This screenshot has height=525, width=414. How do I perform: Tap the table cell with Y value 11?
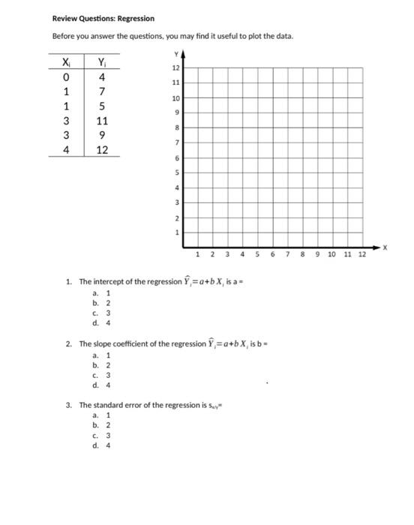pyautogui.click(x=102, y=121)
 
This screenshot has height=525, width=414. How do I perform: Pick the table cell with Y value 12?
pyautogui.click(x=102, y=149)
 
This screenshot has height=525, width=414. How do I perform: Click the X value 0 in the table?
pyautogui.click(x=67, y=77)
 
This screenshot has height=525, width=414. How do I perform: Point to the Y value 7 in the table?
pyautogui.click(x=102, y=91)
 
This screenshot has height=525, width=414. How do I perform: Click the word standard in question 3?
pyautogui.click(x=109, y=405)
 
